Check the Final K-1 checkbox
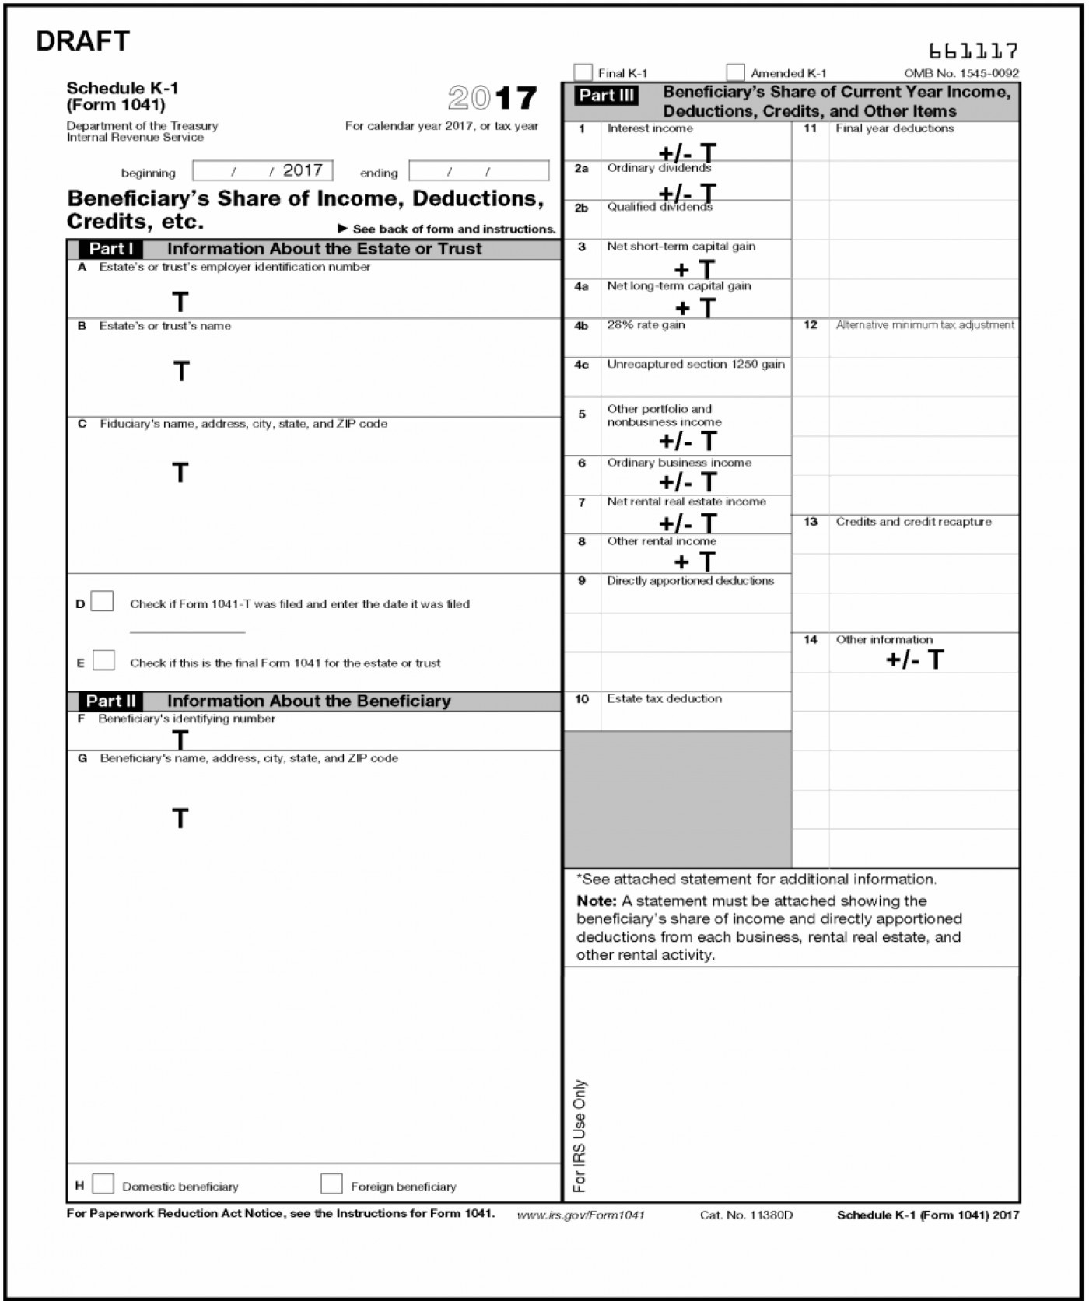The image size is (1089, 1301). pos(583,72)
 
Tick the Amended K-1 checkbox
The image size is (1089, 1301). pos(735,72)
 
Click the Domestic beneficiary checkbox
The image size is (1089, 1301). pos(103,1184)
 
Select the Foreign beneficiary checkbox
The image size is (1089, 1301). pos(331,1184)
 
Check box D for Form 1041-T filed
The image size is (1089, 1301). pos(102,602)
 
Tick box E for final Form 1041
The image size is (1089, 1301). pos(103,660)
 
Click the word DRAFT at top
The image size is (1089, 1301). pos(82,41)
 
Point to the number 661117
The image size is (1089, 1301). pos(973,51)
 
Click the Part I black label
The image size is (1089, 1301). pos(111,249)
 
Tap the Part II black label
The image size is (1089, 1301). pos(110,701)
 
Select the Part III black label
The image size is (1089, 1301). pos(606,96)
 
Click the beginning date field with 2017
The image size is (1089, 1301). pos(263,171)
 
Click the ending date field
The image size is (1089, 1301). pos(478,171)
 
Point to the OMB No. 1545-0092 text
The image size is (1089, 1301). pos(961,73)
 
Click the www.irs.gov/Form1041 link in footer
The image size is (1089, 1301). pos(580,1215)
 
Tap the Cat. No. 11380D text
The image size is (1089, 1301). pos(746,1215)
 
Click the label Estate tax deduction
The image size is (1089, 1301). pos(664,698)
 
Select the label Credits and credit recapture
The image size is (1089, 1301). pos(913,522)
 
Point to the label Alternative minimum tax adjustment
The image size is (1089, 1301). pos(925,325)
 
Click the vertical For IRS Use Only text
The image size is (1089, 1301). pos(580,1135)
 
